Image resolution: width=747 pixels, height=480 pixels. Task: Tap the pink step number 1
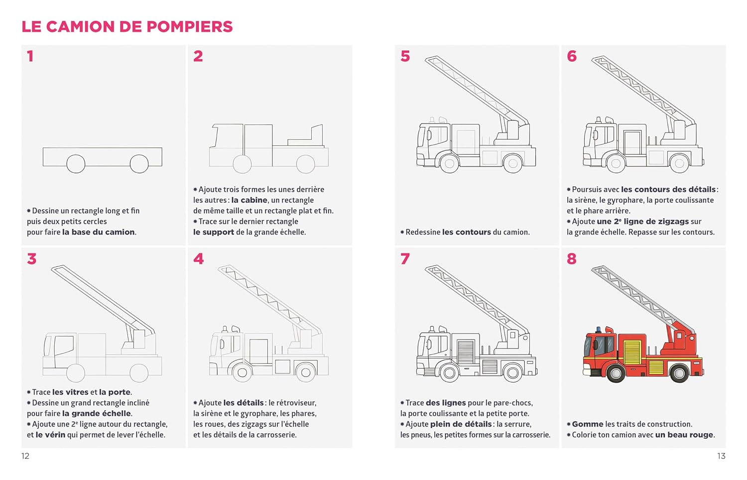pyautogui.click(x=30, y=56)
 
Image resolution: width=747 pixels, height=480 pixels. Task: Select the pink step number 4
pyautogui.click(x=198, y=259)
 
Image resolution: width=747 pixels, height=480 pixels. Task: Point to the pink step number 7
pyautogui.click(x=405, y=259)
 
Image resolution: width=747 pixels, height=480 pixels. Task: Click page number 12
pyautogui.click(x=25, y=456)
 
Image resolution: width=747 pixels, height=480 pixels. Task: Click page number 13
pyautogui.click(x=721, y=456)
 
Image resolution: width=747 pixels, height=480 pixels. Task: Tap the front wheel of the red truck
pyautogui.click(x=616, y=372)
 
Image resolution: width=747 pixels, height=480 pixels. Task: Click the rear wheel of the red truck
pyautogui.click(x=679, y=372)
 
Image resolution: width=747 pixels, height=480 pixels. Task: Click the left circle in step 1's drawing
pyautogui.click(x=76, y=163)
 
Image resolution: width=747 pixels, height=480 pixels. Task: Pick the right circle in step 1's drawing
pyautogui.click(x=139, y=163)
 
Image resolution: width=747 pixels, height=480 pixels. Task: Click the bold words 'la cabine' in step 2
pyautogui.click(x=249, y=200)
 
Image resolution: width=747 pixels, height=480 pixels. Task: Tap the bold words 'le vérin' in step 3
pyautogui.click(x=50, y=435)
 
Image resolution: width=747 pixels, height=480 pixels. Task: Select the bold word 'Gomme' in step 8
pyautogui.click(x=588, y=424)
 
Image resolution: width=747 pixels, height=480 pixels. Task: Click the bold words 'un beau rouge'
pyautogui.click(x=685, y=435)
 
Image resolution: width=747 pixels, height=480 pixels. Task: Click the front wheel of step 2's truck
pyautogui.click(x=242, y=164)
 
